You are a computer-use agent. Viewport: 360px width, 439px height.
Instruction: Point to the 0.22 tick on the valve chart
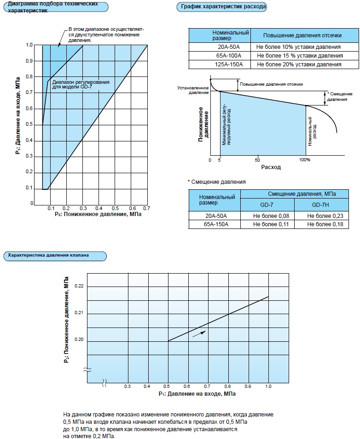(79, 287)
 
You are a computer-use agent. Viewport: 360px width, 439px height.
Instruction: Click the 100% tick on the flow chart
(305, 159)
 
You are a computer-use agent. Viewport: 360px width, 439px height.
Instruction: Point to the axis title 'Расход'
(271, 167)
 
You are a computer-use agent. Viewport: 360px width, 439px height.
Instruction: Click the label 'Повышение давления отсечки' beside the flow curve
(271, 84)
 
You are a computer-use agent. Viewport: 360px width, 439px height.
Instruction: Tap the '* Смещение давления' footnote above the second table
(216, 181)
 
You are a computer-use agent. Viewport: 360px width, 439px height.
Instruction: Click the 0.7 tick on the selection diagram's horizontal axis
(147, 209)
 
